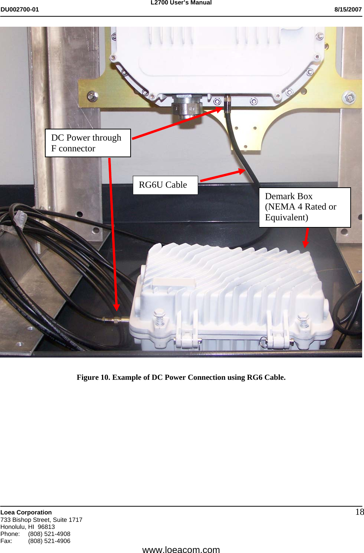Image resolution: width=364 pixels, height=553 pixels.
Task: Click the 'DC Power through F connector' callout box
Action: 88,143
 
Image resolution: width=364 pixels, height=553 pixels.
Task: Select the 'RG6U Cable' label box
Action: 165,185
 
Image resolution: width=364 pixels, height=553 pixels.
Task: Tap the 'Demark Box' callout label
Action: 304,207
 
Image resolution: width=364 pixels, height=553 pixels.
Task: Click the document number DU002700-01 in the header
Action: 20,10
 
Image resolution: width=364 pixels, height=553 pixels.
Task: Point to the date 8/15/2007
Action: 348,10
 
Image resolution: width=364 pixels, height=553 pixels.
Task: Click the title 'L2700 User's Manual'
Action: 181,3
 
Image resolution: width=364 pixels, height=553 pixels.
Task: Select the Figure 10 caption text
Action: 181,377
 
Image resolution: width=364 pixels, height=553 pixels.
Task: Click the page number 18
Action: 359,512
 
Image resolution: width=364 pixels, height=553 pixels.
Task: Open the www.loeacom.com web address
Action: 181,549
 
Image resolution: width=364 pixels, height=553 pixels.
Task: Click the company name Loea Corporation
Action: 26,512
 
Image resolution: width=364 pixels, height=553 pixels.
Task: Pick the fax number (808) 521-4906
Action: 49,541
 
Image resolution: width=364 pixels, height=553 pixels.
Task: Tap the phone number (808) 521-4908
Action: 49,534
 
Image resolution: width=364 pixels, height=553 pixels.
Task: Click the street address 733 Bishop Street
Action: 41,520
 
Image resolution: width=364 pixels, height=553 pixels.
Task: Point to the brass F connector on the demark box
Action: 116,319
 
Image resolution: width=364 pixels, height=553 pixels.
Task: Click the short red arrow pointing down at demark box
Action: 306,237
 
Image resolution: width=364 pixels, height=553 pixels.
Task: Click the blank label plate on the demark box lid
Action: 174,283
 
